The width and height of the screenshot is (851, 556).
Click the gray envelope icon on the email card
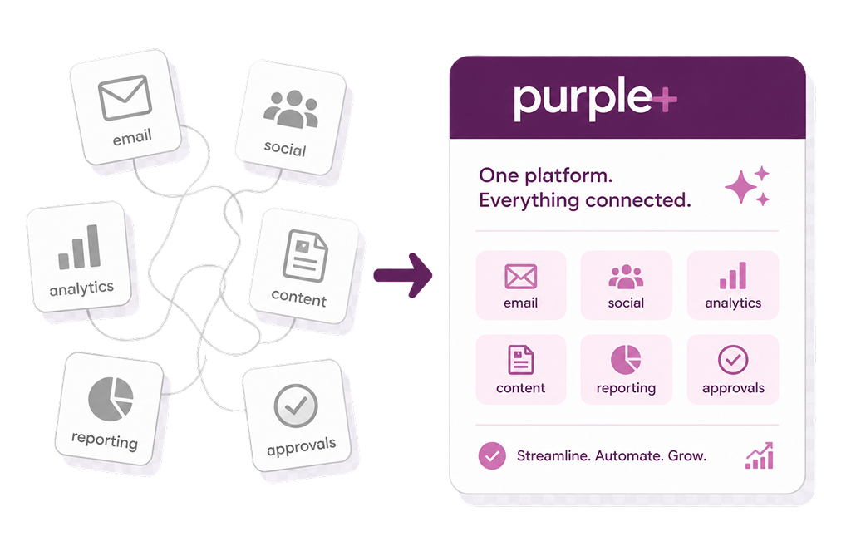125,98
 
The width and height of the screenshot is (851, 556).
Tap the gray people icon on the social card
291,109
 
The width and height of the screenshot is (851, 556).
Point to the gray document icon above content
305,256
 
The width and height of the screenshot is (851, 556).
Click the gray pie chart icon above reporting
111,400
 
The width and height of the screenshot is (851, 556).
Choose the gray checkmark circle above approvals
296,406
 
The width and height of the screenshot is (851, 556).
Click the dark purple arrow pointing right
403,275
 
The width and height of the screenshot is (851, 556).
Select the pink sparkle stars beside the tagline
748,185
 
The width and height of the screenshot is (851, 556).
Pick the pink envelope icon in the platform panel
520,277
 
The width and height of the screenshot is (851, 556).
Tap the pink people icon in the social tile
626,277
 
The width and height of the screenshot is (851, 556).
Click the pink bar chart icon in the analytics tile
733,276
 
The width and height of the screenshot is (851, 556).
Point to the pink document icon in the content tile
520,359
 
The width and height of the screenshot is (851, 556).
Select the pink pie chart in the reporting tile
626,359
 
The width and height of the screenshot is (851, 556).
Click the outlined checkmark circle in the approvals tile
733,359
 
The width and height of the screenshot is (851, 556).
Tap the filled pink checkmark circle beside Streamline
492,456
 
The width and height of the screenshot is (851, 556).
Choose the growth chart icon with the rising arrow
760,455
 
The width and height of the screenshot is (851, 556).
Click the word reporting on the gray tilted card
104,440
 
